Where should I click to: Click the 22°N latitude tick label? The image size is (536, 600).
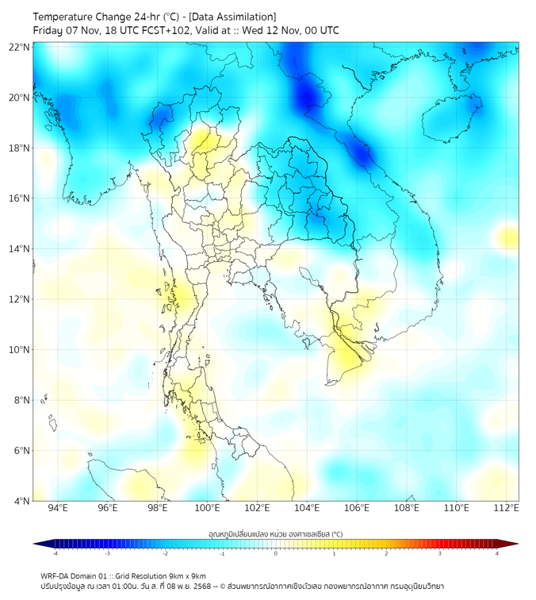pyautogui.click(x=20, y=47)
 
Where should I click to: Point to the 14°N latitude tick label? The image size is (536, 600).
pyautogui.click(x=20, y=249)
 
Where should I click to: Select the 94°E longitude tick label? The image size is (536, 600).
pyautogui.click(x=58, y=508)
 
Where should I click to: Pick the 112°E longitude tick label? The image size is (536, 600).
pyautogui.click(x=506, y=508)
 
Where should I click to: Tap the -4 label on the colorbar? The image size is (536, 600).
pyautogui.click(x=55, y=553)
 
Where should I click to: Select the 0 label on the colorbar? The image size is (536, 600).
pyautogui.click(x=276, y=553)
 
